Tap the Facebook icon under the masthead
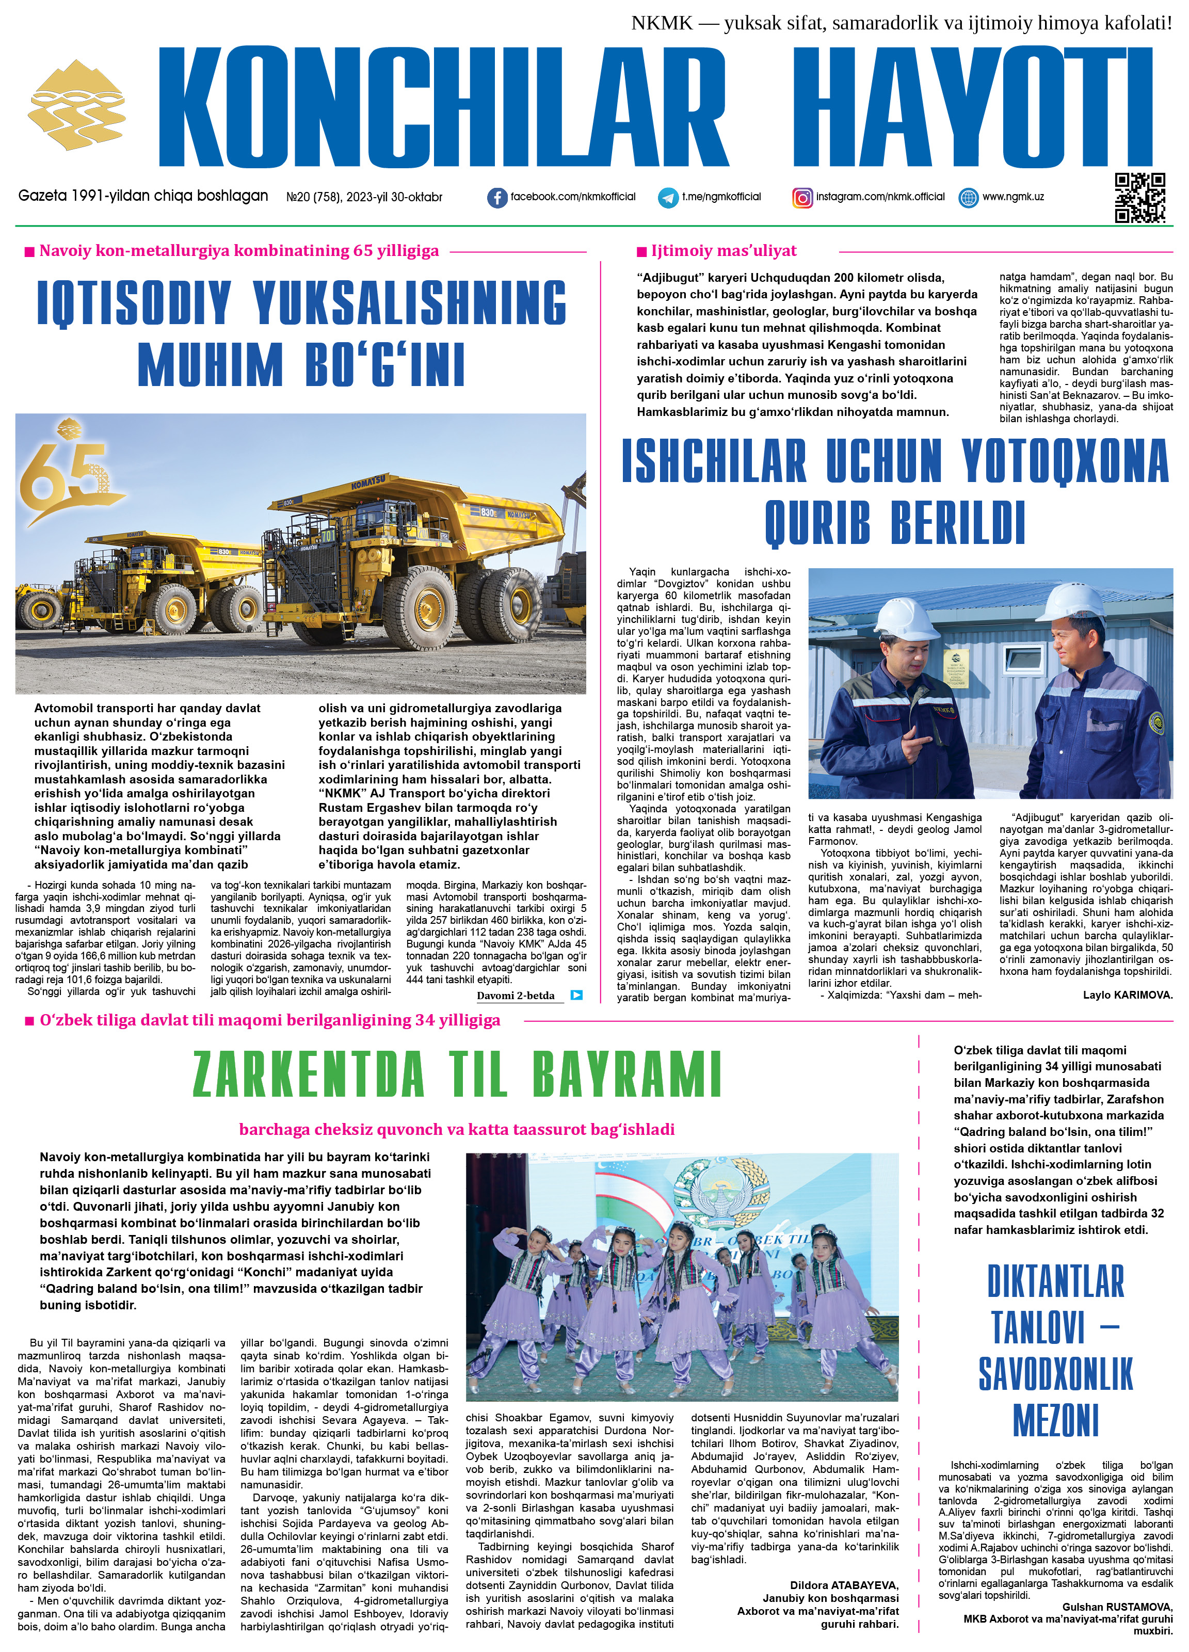497,197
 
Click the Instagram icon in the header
802,197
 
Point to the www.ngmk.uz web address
1013,197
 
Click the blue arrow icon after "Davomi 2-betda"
576,995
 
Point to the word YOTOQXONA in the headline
1065,461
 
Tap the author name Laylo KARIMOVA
1127,995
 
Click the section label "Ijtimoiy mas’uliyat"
724,251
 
